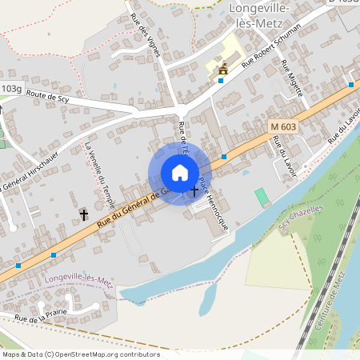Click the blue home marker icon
click(x=180, y=173)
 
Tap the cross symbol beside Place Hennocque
click(x=195, y=192)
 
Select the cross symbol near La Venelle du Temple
click(x=84, y=214)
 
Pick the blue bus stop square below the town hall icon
click(x=220, y=81)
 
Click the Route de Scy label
click(x=48, y=97)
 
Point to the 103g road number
click(x=11, y=89)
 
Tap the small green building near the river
click(x=262, y=196)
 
